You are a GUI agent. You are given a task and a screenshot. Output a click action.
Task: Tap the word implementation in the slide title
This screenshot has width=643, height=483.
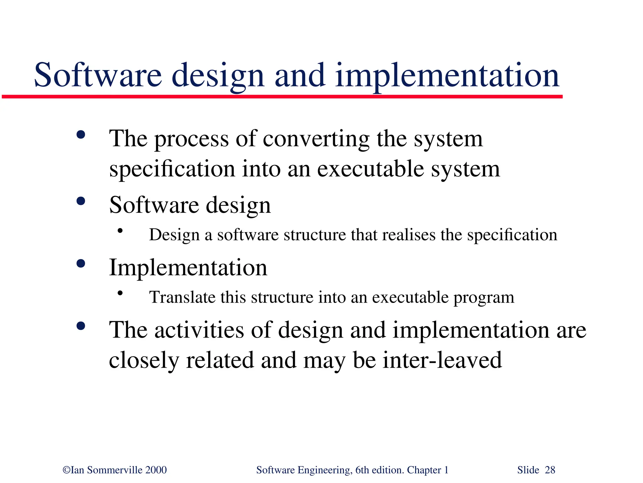(447, 75)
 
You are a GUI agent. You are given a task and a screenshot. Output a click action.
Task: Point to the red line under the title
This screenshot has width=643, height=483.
(283, 97)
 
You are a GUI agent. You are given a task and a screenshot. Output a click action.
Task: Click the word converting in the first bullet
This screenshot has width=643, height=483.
(316, 139)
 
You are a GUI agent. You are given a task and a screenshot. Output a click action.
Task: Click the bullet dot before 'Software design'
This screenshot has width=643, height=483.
(81, 201)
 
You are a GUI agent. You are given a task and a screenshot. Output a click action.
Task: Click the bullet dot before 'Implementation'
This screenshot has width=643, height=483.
(81, 263)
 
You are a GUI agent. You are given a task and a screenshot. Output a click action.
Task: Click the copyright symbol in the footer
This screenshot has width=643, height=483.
(66, 470)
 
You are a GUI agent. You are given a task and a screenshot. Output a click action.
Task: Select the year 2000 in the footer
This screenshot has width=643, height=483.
(156, 470)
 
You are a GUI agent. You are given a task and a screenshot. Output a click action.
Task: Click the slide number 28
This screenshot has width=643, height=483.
(550, 470)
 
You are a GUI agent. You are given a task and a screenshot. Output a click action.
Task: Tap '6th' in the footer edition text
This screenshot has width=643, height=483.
(362, 470)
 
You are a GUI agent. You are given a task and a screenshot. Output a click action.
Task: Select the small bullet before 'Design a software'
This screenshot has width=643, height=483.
(120, 231)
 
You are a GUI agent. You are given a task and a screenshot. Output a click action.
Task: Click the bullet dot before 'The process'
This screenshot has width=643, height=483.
(81, 135)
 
